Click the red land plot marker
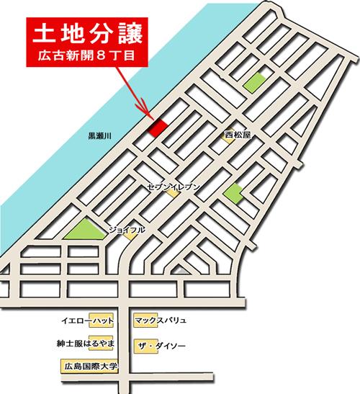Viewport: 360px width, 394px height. (x=158, y=127)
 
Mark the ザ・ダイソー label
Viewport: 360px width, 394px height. (x=161, y=346)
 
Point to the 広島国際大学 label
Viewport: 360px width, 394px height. (x=89, y=367)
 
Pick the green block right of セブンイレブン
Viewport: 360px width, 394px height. (x=233, y=192)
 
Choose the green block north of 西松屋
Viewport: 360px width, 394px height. (x=253, y=83)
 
